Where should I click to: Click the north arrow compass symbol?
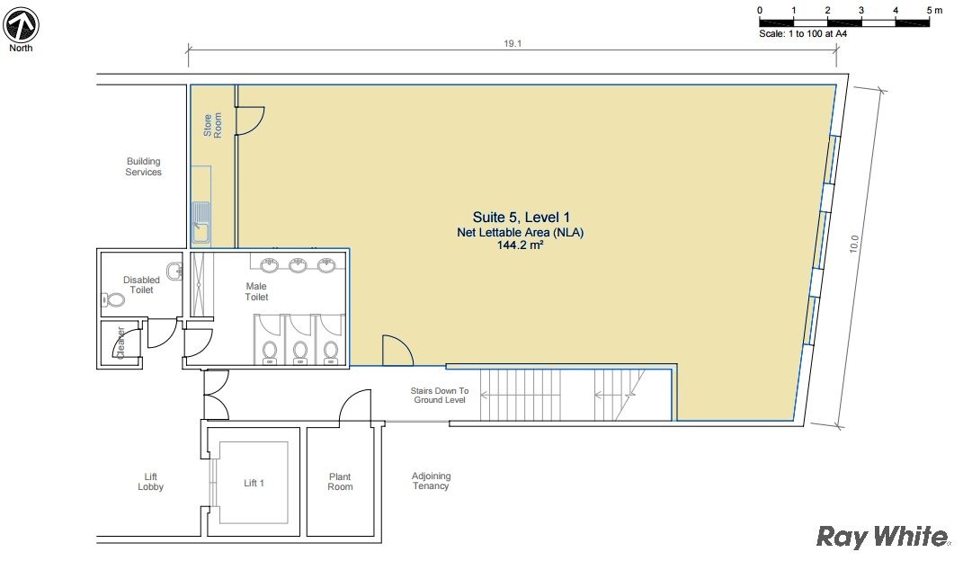coord(21,25)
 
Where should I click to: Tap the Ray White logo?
coord(883,536)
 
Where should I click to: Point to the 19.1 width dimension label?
coord(513,44)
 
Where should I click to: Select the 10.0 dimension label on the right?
coord(853,244)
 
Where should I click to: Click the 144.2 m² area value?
coord(520,245)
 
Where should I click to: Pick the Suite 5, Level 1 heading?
coord(521,217)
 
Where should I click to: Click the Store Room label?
coord(212,125)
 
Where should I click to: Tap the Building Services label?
coord(143,166)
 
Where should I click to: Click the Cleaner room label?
coord(120,342)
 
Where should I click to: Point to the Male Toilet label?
coord(256,291)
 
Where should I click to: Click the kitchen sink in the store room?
coord(201,222)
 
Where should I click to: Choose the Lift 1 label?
coord(254,484)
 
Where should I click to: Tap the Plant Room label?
coord(340,482)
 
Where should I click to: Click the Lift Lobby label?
coord(150,482)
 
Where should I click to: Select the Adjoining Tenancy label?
coord(431,481)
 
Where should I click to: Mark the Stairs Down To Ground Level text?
coord(440,395)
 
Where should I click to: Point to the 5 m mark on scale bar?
coord(934,11)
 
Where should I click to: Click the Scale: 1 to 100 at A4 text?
coord(803,34)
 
